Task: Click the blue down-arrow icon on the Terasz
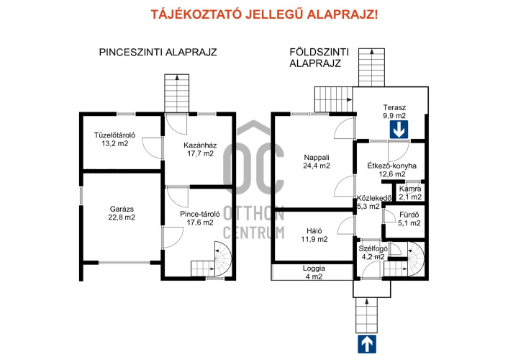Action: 399,130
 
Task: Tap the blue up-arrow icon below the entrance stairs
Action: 367,343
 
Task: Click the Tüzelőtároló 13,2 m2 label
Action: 114,139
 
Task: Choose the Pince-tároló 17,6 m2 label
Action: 200,218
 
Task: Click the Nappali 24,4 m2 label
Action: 317,161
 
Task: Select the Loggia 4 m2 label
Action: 314,272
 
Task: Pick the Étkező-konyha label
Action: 391,166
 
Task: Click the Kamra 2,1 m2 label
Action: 410,193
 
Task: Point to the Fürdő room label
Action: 409,215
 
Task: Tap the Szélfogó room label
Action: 373,249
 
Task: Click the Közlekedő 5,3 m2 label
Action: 374,202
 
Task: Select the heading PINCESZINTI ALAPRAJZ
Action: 158,53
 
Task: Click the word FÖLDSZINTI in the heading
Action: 319,52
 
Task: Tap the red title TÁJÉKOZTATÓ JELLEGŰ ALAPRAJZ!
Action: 264,14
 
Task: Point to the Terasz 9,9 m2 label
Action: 394,112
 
